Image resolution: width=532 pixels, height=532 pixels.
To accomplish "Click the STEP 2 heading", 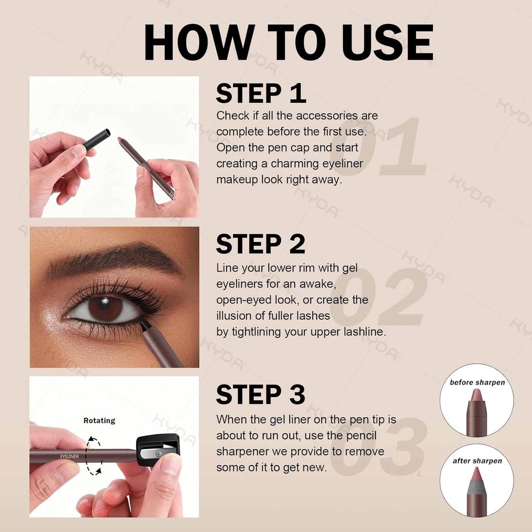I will [260, 244].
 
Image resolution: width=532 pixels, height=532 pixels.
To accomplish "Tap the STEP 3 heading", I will [260, 395].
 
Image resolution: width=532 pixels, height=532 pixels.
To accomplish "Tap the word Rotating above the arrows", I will [99, 420].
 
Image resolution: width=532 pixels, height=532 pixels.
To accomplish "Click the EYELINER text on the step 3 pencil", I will [70, 457].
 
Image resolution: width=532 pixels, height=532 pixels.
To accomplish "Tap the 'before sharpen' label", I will [477, 383].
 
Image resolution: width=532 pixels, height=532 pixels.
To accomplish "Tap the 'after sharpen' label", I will [477, 461].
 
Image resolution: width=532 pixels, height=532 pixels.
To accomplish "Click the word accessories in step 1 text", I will [327, 116].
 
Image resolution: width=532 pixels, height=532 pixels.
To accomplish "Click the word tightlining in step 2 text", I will [256, 332].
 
